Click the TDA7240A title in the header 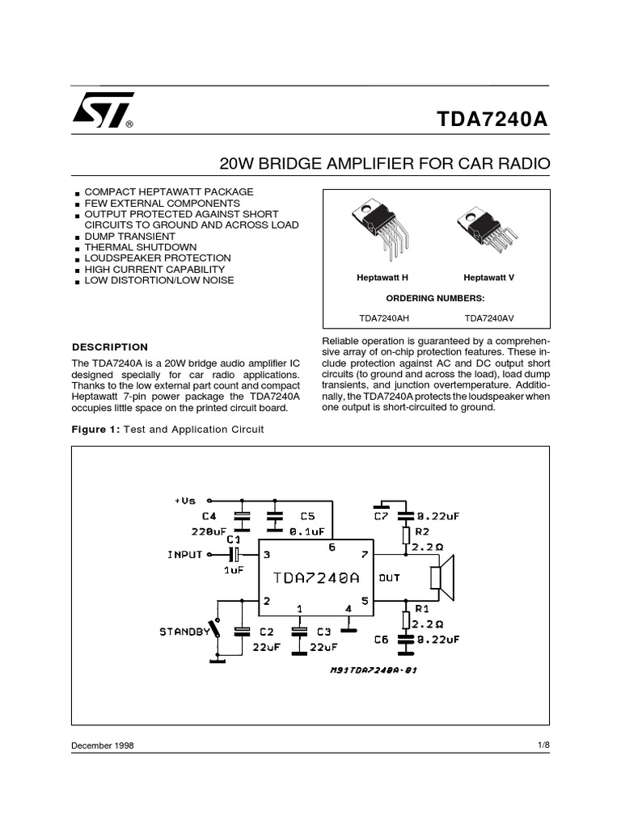tap(492, 118)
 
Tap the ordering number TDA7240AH tap(382, 318)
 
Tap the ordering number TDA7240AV tap(488, 318)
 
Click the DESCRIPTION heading tap(111, 347)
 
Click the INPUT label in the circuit tap(184, 555)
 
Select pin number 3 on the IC tap(266, 555)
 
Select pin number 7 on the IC tap(364, 555)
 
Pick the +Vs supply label tap(185, 501)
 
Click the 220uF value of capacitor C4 tap(209, 531)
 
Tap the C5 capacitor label tap(307, 515)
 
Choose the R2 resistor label tap(423, 532)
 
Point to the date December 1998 tap(103, 745)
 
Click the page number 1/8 tap(543, 745)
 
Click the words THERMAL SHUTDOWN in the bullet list tap(141, 247)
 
